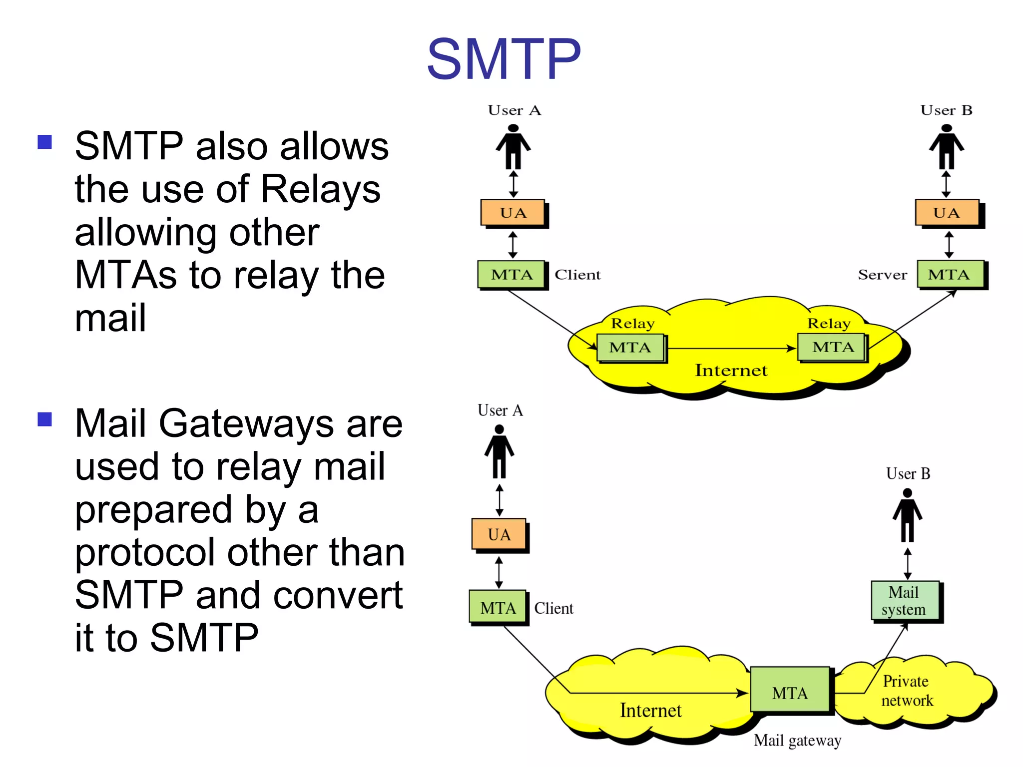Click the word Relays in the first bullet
tap(320, 190)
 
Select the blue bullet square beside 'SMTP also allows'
tap(45, 142)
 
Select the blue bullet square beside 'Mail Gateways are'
tap(45, 419)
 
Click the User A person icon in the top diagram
tap(513, 147)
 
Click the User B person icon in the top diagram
tap(946, 147)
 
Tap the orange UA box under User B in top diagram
tap(947, 213)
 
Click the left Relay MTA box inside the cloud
tap(630, 347)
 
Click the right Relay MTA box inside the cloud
tap(832, 347)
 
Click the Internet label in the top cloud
tap(731, 371)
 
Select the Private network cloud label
tap(907, 691)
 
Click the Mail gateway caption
tap(797, 740)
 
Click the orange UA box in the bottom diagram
tap(499, 534)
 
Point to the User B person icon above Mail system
tap(907, 515)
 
